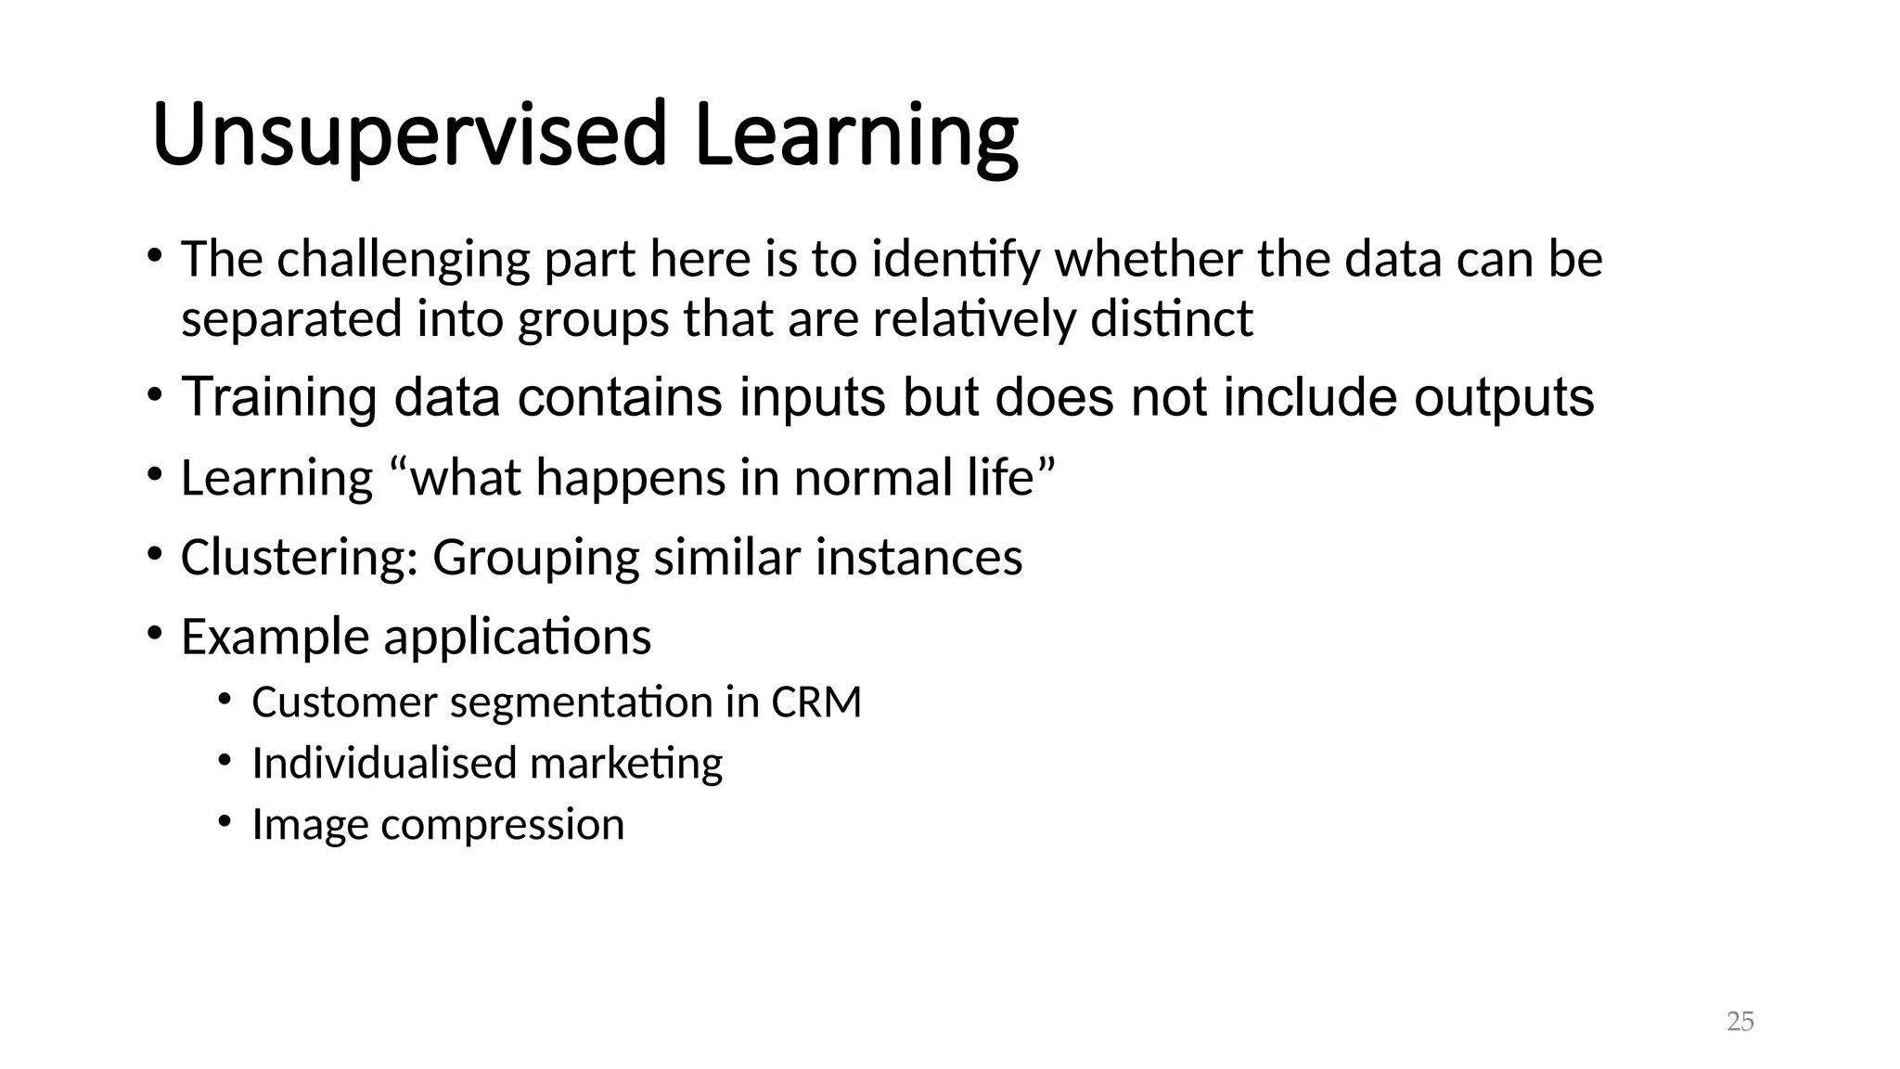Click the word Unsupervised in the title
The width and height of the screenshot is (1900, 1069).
(x=408, y=135)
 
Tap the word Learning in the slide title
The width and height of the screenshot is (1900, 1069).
(x=855, y=135)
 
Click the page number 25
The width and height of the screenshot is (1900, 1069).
(x=1740, y=1022)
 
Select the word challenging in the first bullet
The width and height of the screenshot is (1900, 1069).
(x=404, y=260)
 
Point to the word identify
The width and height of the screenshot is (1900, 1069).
(x=956, y=260)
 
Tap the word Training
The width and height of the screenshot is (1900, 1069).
(x=278, y=397)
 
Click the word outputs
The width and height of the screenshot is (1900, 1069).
(x=1503, y=397)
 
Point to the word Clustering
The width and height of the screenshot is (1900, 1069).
(x=299, y=558)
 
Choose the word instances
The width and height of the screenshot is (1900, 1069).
(x=918, y=558)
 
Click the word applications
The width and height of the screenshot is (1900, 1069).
(x=517, y=638)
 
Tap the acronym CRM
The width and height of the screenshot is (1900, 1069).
(x=816, y=702)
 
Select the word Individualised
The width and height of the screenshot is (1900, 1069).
(x=383, y=764)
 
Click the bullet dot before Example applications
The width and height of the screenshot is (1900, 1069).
(x=154, y=634)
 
